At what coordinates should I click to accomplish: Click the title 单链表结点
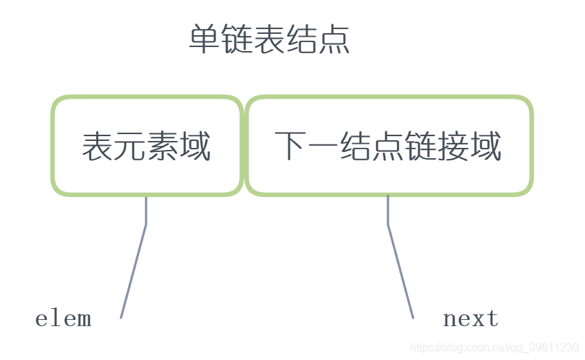click(269, 40)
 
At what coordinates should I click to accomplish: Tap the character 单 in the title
click(205, 40)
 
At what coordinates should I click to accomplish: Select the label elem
click(63, 319)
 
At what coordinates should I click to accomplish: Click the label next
click(470, 319)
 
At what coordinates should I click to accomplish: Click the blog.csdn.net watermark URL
click(494, 348)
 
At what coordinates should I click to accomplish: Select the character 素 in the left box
click(163, 146)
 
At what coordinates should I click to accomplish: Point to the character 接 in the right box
click(453, 146)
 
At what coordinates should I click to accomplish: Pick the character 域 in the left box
click(196, 146)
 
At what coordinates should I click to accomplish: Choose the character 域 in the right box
click(486, 146)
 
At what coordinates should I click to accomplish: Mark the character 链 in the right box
click(421, 146)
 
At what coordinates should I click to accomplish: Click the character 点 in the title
click(334, 40)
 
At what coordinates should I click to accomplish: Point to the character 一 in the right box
click(324, 147)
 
